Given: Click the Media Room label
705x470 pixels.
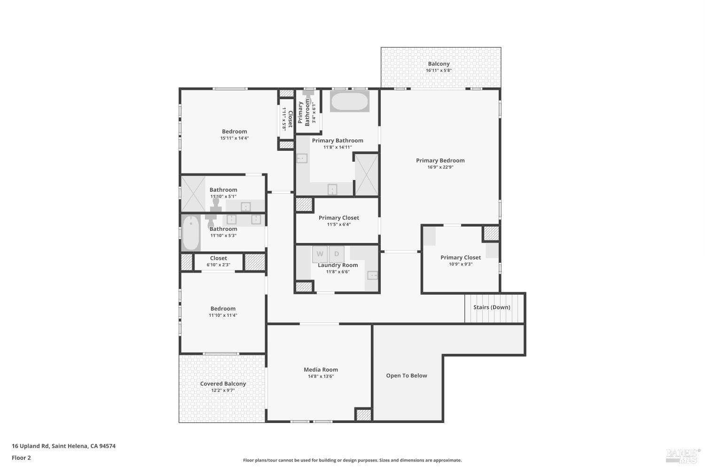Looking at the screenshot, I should pyautogui.click(x=321, y=369).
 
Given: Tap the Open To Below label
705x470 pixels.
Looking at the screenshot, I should pyautogui.click(x=407, y=376).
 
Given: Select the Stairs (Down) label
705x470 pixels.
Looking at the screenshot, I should pyautogui.click(x=492, y=307).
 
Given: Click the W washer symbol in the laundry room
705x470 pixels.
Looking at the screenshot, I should pyautogui.click(x=320, y=254).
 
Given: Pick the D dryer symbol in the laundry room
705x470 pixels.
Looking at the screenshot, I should pyautogui.click(x=337, y=254).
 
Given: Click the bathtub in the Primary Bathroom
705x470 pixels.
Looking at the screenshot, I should pyautogui.click(x=349, y=102).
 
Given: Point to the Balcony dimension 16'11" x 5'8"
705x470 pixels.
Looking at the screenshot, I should pyautogui.click(x=439, y=70).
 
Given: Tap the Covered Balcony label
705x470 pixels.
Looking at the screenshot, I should pyautogui.click(x=223, y=384).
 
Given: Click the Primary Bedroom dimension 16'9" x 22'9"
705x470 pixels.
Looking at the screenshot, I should pyautogui.click(x=440, y=167).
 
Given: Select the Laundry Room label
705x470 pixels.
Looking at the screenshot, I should pyautogui.click(x=337, y=265).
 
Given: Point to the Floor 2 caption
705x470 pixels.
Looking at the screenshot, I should pyautogui.click(x=21, y=458).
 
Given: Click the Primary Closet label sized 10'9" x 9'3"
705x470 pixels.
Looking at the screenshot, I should pyautogui.click(x=460, y=258).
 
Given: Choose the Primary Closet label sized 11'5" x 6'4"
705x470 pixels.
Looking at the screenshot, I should pyautogui.click(x=338, y=218).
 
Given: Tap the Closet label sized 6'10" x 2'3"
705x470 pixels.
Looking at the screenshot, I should pyautogui.click(x=219, y=258).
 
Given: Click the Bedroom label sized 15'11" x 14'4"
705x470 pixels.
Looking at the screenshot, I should pyautogui.click(x=234, y=132).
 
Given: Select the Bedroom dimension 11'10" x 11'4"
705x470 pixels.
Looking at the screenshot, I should pyautogui.click(x=223, y=315).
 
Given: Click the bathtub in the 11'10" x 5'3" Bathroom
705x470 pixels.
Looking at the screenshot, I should pyautogui.click(x=191, y=233).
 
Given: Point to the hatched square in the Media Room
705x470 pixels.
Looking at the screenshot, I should pyautogui.click(x=363, y=415).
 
